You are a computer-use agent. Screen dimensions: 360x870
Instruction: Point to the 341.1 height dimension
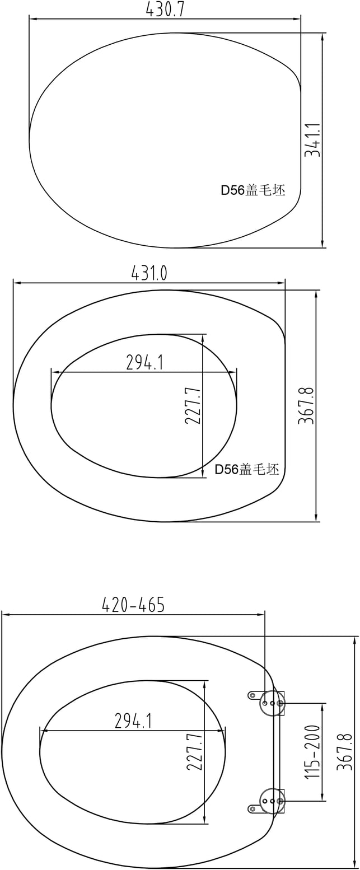coord(312,140)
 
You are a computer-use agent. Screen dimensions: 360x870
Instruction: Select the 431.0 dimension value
coord(149,273)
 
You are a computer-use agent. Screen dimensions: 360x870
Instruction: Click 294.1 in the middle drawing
coord(145,362)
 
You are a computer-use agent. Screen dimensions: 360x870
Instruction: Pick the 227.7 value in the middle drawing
coord(193,405)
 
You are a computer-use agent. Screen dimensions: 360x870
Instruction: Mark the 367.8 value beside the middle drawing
coord(306,405)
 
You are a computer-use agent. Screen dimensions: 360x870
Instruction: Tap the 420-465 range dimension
coord(134,605)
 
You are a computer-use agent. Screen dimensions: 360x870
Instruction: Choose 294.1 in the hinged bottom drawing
coord(133,721)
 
